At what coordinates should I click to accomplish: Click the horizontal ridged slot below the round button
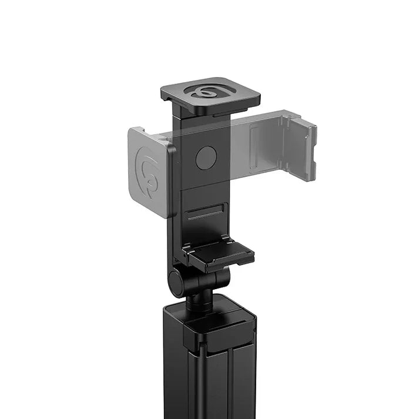(207, 212)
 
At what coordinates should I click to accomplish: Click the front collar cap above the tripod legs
(219, 332)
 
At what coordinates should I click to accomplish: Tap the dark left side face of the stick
(173, 364)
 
